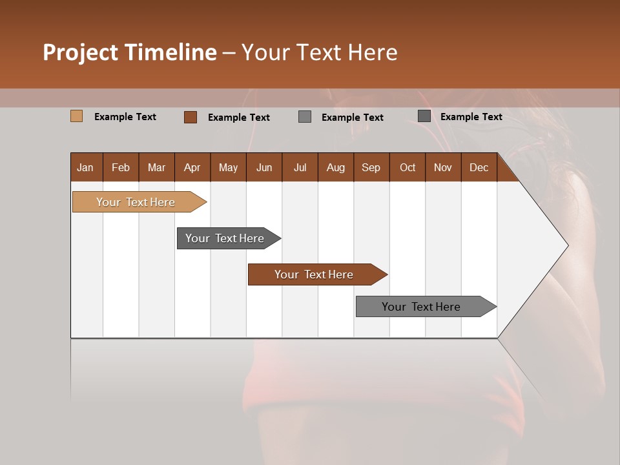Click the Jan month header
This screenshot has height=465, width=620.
pos(85,167)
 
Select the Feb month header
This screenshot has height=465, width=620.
pos(121,167)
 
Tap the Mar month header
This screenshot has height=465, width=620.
pos(156,167)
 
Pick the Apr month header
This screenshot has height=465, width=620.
pos(192,167)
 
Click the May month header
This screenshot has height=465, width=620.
pos(228,167)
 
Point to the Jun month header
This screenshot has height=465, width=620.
pos(264,167)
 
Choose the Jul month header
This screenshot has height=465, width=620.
pos(300,167)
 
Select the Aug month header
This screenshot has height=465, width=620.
pos(336,167)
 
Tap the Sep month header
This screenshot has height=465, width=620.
pos(371,167)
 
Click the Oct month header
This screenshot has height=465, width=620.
pos(408,167)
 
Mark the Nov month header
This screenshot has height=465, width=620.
pos(443,167)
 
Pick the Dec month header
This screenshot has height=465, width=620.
pos(479,167)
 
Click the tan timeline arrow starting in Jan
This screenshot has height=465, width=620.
pos(136,202)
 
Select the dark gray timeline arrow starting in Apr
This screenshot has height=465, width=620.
pos(225,238)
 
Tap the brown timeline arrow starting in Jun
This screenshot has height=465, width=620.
pos(315,274)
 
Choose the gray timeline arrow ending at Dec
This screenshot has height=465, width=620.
pos(422,307)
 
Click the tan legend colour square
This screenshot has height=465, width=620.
pos(76,116)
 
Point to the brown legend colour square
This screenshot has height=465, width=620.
pos(191,117)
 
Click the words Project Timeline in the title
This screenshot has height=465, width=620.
pos(130,52)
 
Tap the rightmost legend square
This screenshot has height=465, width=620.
pos(424,116)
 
